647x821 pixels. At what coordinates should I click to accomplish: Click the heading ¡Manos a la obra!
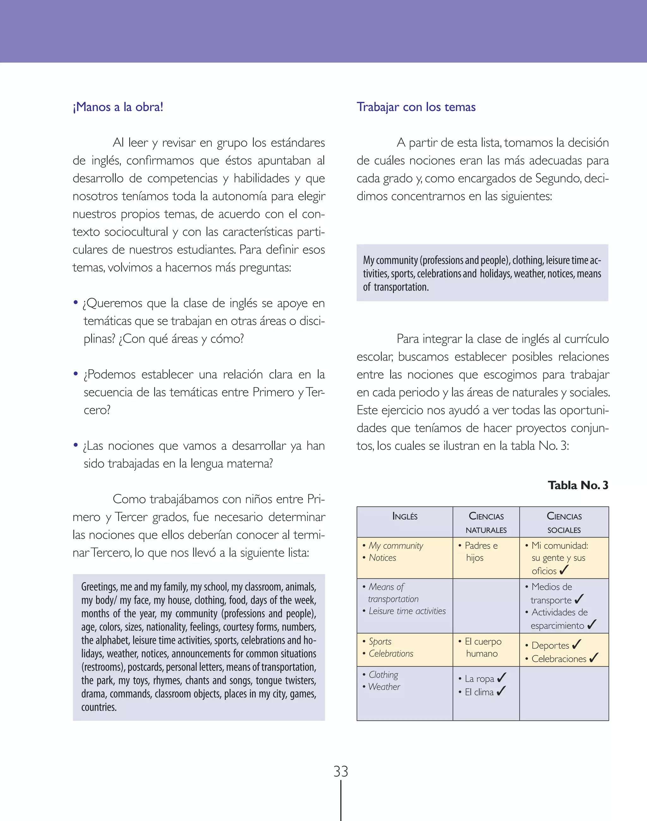pos(118,107)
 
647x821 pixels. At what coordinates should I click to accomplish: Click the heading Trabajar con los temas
pos(416,107)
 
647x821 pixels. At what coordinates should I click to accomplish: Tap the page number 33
pos(341,771)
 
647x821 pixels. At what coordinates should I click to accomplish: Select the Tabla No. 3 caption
pos(578,485)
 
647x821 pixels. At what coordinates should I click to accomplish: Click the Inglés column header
pos(405,516)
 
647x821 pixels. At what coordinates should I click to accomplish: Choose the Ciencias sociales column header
pos(564,523)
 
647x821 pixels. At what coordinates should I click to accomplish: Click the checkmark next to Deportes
pos(577,644)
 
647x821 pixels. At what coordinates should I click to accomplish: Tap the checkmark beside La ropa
pos(502,677)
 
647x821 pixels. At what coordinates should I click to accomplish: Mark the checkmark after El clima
pos(501,691)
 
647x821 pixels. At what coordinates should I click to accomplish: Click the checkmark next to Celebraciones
pos(594,658)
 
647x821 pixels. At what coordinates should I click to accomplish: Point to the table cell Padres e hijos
pos(478,552)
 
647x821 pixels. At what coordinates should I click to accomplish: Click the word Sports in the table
pos(380,642)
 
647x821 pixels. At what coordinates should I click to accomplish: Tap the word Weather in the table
pos(384,687)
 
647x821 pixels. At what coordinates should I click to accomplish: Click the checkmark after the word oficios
pos(564,570)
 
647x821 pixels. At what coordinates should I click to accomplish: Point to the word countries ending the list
pos(99,707)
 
